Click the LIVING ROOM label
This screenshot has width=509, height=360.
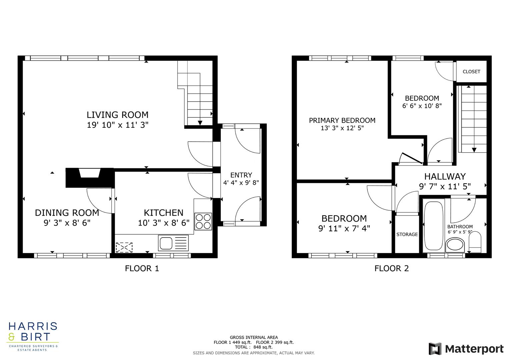[117, 115]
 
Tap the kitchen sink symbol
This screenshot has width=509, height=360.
[174, 243]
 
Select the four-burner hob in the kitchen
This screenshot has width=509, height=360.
[203, 221]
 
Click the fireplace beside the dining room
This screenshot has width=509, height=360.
[90, 177]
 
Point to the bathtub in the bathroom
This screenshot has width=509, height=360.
[434, 225]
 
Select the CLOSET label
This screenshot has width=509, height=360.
[471, 72]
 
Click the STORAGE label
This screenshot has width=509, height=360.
[407, 234]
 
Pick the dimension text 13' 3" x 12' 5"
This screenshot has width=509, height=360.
[342, 128]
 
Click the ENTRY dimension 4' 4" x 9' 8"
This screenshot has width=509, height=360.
[241, 183]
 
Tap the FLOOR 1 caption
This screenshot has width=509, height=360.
[142, 268]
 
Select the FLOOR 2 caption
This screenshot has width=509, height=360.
[391, 268]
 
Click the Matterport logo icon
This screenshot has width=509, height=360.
[435, 349]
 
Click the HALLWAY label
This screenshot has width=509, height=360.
[445, 176]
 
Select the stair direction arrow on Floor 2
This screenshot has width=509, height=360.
[474, 150]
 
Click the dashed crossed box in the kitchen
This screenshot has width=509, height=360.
[124, 247]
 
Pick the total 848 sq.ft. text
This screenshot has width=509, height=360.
[254, 347]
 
